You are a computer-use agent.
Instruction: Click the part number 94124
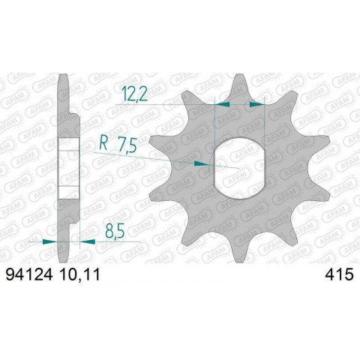point(28,276)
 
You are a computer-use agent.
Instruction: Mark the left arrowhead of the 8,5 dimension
point(50,241)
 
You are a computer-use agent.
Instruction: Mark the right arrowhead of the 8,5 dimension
point(84,241)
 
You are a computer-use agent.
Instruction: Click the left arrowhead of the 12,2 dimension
point(221,106)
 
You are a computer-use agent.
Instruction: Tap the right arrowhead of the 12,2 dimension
point(259,106)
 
